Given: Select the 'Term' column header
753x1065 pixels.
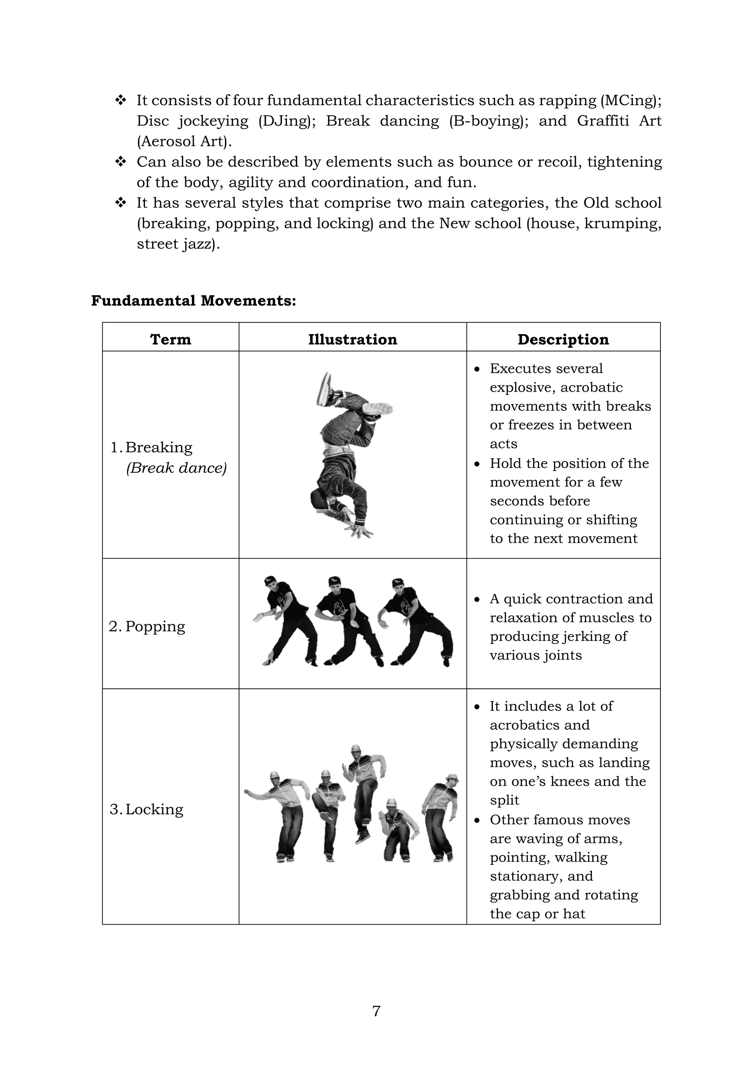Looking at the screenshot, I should click(x=171, y=339).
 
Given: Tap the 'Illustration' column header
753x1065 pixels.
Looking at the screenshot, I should click(x=352, y=339).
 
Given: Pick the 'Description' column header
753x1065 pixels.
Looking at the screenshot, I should click(x=563, y=339).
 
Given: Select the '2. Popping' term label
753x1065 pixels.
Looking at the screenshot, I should click(x=147, y=626).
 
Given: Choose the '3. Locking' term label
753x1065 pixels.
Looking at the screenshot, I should click(x=147, y=809).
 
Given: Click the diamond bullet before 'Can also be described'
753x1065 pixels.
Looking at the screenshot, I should click(x=121, y=162).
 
